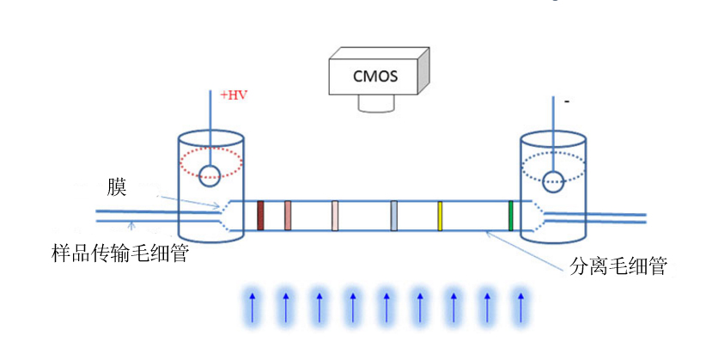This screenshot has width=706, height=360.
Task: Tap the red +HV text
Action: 234,95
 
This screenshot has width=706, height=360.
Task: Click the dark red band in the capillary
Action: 260,216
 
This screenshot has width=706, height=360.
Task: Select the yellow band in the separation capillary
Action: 440,216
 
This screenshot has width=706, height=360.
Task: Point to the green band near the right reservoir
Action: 510,216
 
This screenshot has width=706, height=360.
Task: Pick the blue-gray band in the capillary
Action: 393,216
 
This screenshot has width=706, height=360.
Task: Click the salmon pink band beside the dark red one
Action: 288,216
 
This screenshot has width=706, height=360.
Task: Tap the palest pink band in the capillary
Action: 335,216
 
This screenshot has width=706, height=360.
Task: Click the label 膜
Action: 117,187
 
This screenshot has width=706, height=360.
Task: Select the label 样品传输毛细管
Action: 120,253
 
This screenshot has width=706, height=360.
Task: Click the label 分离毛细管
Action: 618,265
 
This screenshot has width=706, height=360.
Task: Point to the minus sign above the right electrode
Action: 567,101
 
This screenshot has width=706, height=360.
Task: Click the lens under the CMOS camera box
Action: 377,104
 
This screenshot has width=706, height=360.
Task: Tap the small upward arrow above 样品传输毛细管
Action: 131,226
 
